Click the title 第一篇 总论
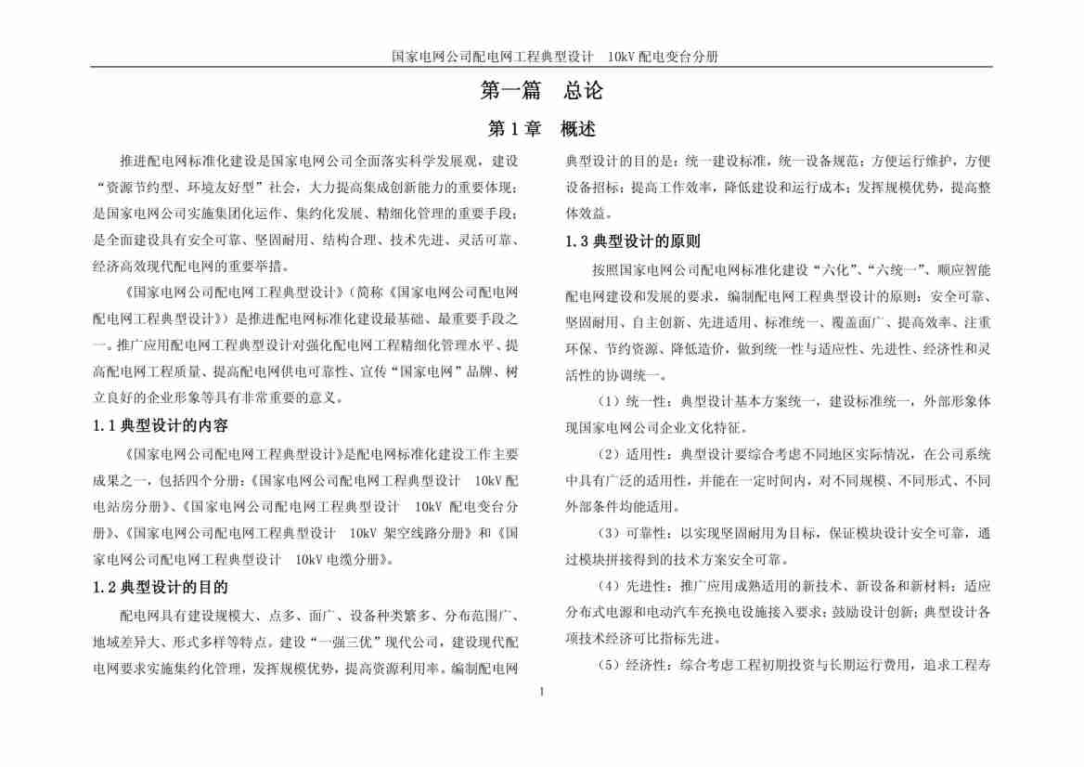[x=541, y=91]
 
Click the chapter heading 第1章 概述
[x=541, y=129]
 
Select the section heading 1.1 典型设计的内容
[x=161, y=425]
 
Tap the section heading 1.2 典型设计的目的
[x=161, y=587]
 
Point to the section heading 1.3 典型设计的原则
[x=633, y=241]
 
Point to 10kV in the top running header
[x=620, y=57]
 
